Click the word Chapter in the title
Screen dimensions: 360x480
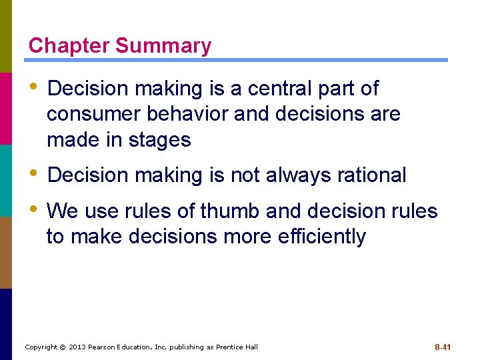69,46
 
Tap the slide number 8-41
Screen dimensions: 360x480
443,347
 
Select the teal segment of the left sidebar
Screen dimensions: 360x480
6,180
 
